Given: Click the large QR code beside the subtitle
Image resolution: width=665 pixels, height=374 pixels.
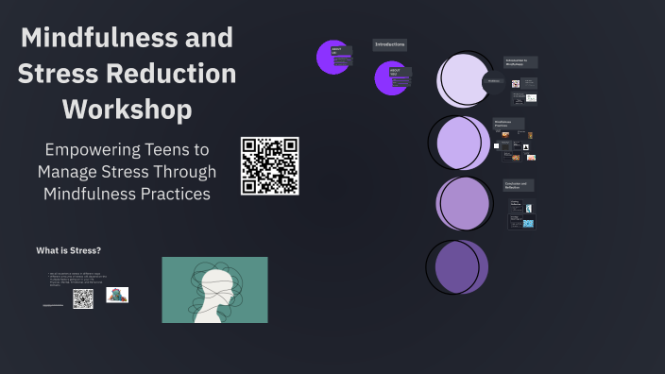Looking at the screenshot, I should click(269, 166).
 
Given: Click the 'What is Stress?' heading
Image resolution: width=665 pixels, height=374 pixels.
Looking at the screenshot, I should click(68, 250).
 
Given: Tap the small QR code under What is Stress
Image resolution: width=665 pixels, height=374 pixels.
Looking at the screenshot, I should click(83, 298).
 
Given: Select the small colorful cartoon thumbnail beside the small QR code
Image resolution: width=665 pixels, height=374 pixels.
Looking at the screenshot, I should click(117, 295).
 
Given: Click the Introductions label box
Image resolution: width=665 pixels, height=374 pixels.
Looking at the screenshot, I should click(390, 44).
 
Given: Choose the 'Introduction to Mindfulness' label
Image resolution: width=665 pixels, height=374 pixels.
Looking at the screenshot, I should click(520, 61).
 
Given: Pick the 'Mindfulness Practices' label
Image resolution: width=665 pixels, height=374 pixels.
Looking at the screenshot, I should click(507, 123).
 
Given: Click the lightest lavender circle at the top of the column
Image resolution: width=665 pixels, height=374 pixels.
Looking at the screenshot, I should click(464, 80).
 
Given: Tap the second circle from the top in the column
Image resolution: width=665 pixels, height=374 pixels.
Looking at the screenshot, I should click(460, 143).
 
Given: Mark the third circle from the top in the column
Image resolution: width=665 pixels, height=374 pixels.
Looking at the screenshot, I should click(462, 203).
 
